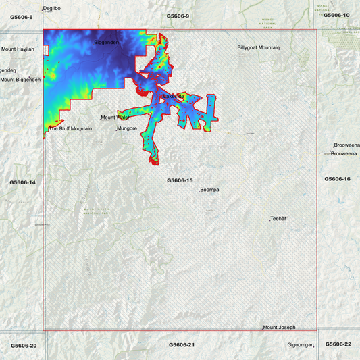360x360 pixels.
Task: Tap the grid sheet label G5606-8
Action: (22, 16)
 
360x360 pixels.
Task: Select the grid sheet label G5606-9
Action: (178, 16)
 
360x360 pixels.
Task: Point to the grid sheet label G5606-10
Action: (336, 15)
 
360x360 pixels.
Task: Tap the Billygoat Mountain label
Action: (258, 48)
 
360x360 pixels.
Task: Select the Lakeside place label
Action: (174, 96)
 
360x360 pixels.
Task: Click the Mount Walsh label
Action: (115, 118)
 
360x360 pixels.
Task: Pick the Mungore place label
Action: (127, 128)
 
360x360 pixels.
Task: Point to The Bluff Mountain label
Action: (70, 128)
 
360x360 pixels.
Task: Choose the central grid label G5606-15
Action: (180, 180)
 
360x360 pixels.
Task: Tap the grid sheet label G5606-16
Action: (337, 179)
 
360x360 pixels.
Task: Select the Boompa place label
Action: (209, 190)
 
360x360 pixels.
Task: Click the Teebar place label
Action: (279, 219)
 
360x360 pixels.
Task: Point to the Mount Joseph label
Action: (279, 328)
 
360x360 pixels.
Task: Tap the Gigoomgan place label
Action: (301, 345)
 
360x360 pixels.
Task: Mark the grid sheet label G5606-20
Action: (24, 345)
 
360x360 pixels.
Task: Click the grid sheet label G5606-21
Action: (182, 344)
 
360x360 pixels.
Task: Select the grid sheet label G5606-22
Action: (338, 344)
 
